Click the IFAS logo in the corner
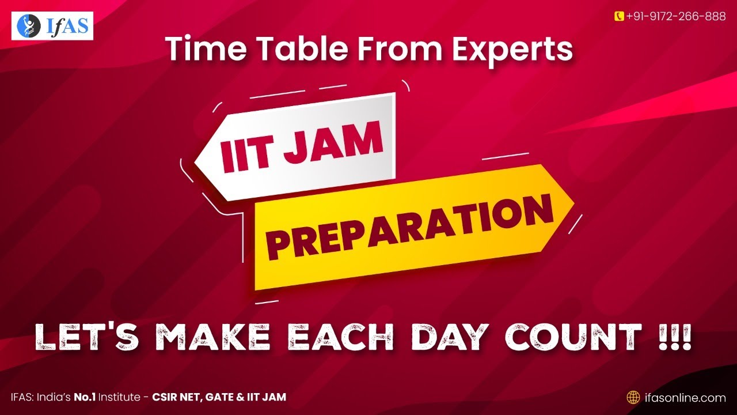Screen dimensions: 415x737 point(52,25)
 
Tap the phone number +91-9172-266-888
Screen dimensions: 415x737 point(675,16)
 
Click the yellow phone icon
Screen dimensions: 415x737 point(620,16)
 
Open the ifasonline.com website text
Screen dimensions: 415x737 point(685,397)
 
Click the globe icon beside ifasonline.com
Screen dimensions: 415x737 point(633,397)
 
